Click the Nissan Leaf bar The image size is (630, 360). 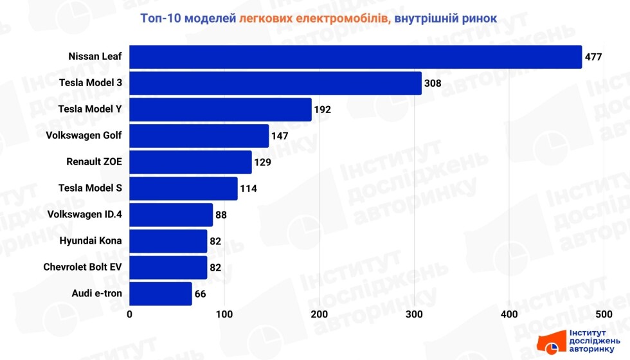(x=355, y=57)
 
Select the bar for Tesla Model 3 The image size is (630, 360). (x=276, y=83)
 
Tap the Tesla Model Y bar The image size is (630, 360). (x=221, y=109)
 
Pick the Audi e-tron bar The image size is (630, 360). (x=161, y=294)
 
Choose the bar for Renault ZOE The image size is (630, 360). (x=190, y=162)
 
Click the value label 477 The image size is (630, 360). (x=593, y=57)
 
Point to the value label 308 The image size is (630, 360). (x=433, y=84)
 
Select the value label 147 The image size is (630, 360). (x=280, y=136)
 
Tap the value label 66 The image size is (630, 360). (x=201, y=294)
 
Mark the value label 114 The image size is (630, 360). (x=249, y=189)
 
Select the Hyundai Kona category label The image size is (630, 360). (x=91, y=241)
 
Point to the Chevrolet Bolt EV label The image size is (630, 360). (x=83, y=267)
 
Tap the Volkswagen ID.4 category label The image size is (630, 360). (x=85, y=215)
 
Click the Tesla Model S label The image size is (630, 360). (x=90, y=188)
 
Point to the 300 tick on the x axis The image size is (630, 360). (x=414, y=314)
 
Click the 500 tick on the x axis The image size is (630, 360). (x=603, y=314)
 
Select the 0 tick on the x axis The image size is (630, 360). (x=130, y=314)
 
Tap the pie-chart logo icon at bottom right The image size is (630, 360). (x=552, y=348)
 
